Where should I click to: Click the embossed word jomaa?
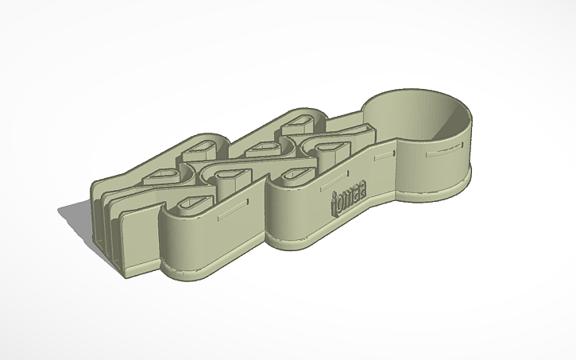(353, 200)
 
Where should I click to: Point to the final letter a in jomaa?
(372, 195)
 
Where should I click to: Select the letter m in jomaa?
(354, 201)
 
